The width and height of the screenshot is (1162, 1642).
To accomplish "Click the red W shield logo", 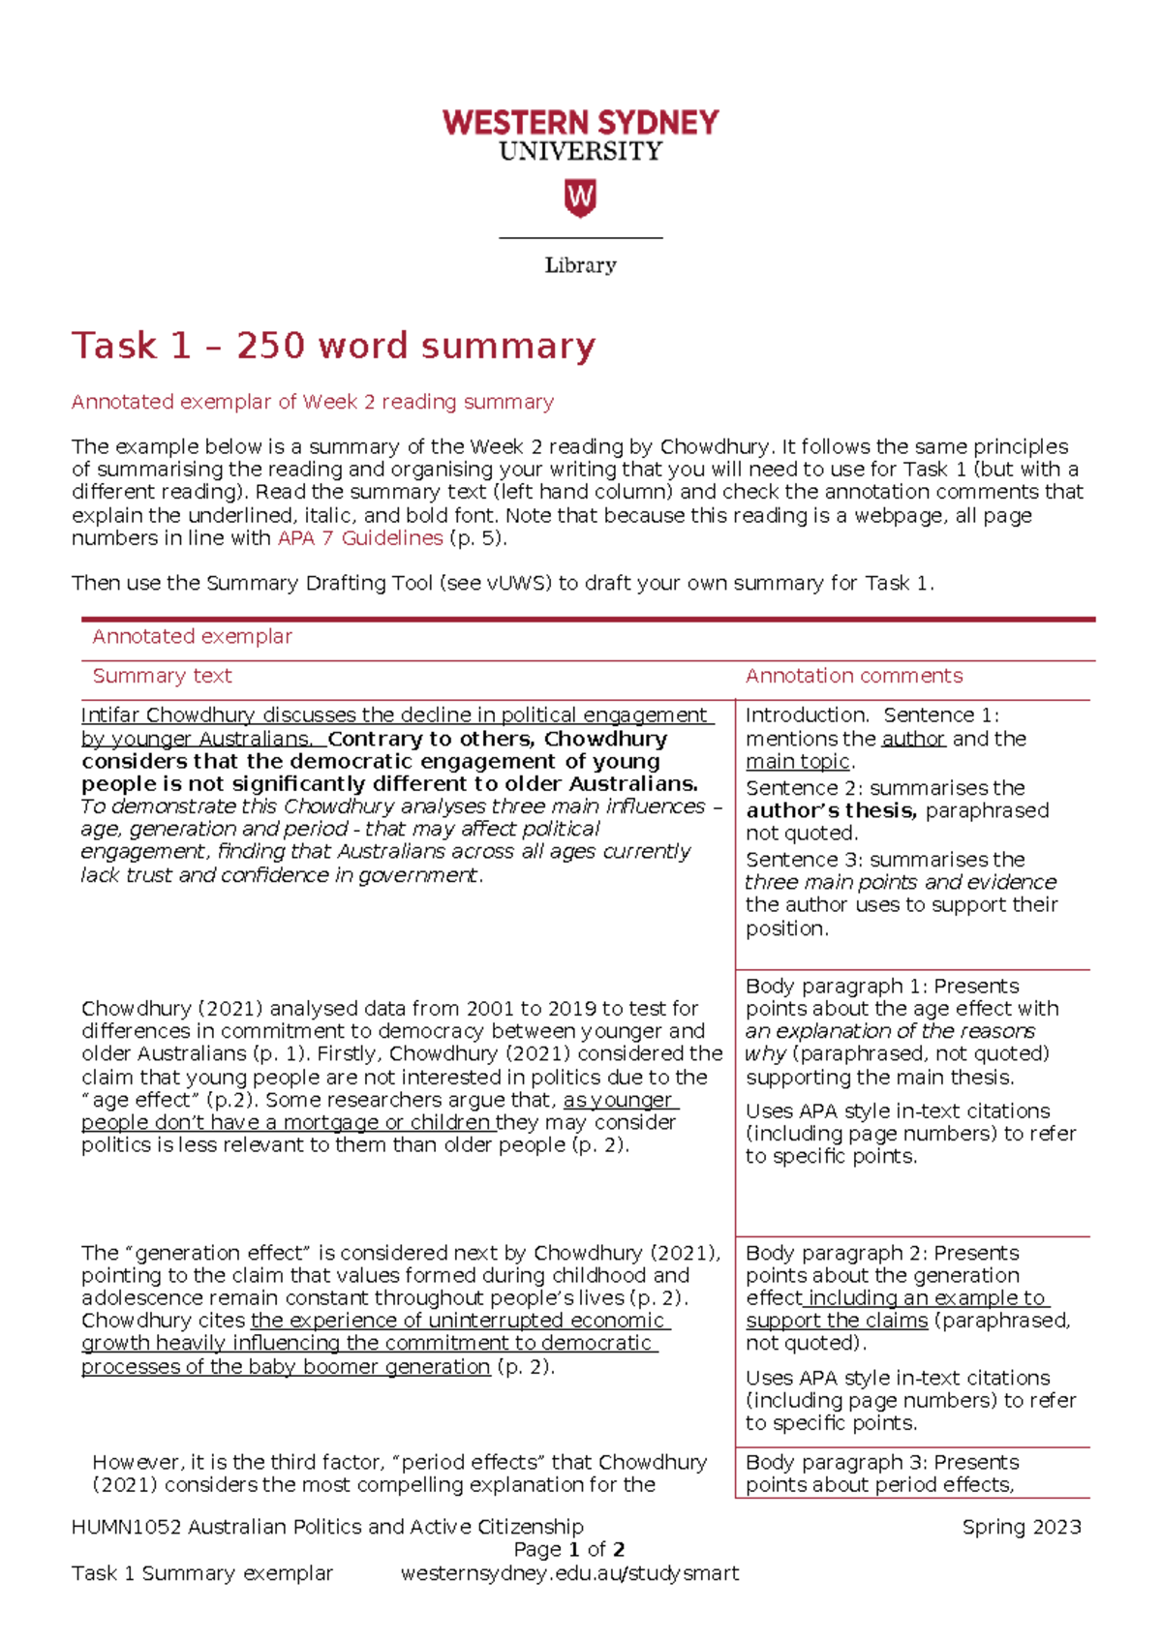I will [580, 198].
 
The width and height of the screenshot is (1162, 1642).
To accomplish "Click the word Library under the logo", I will [580, 265].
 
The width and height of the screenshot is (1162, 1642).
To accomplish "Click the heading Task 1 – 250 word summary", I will [333, 346].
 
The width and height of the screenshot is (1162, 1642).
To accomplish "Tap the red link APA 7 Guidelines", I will [360, 538].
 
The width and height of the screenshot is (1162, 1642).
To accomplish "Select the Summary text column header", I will [162, 676].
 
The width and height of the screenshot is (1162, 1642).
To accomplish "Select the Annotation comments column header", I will [853, 676].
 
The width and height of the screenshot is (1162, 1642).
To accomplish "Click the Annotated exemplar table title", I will [192, 636].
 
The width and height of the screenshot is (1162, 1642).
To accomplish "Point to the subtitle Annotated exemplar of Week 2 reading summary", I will [312, 402].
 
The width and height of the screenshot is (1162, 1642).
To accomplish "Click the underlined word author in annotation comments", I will [912, 739].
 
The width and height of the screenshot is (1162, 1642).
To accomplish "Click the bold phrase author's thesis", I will [830, 810].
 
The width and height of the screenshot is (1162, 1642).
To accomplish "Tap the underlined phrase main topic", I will [798, 762].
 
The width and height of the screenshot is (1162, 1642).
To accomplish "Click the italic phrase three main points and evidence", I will [900, 882].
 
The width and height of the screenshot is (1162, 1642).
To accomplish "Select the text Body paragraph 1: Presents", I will [881, 986].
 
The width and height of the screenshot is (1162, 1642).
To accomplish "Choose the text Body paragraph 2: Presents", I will [881, 1253].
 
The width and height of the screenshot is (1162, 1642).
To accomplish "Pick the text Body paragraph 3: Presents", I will [881, 1462].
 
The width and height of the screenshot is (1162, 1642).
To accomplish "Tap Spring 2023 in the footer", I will [1021, 1527].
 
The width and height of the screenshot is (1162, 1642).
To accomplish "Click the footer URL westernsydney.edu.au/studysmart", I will [569, 1573].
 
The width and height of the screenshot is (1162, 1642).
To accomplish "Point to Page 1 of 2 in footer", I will [569, 1549].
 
